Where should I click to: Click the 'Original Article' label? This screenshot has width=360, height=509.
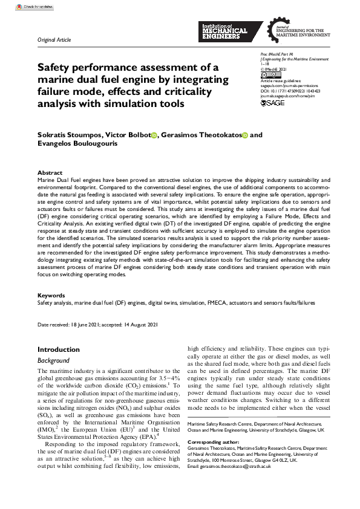(54, 41)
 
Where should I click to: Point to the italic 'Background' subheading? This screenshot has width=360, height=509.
(54, 360)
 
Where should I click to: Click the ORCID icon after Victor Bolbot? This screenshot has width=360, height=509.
(154, 135)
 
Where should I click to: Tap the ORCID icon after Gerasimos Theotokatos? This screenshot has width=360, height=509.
(245, 135)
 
